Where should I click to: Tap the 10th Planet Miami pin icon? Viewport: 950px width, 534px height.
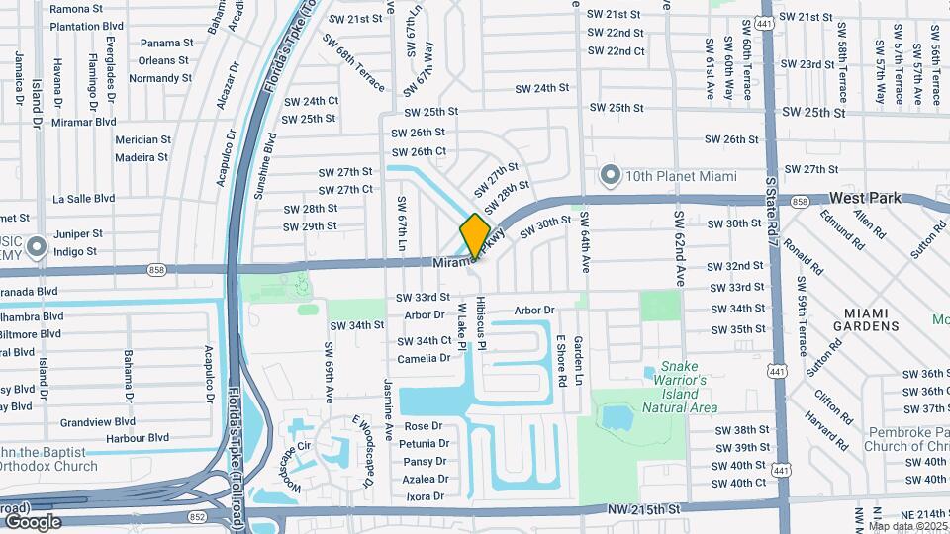pyautogui.click(x=611, y=177)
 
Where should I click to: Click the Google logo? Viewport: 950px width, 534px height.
pyautogui.click(x=33, y=521)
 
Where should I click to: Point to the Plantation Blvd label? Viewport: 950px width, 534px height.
pyautogui.click(x=88, y=25)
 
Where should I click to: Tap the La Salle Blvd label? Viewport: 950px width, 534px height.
pyautogui.click(x=85, y=198)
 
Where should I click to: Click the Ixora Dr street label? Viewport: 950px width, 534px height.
pyautogui.click(x=426, y=496)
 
